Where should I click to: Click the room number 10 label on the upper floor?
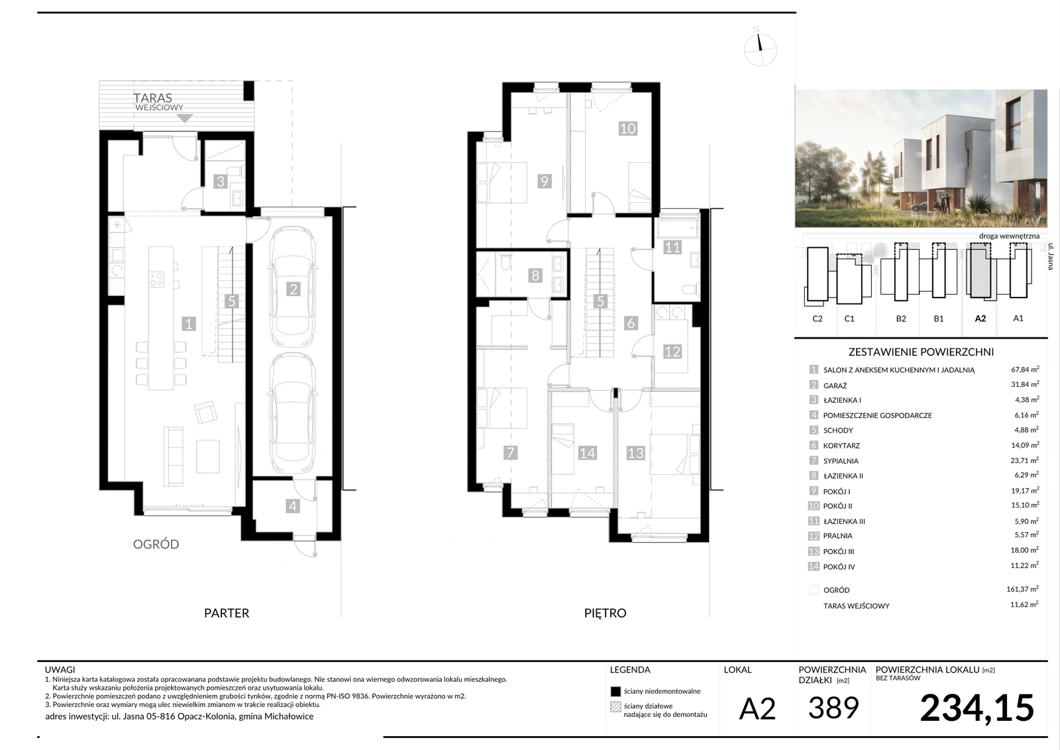627,129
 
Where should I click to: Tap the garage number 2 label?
293,289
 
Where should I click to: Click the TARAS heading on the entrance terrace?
152,98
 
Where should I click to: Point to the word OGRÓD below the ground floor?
156,544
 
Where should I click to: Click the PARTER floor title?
226,613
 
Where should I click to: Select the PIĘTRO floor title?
605,613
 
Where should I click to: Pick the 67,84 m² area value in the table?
1025,369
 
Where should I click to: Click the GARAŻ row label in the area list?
835,386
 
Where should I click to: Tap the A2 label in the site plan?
980,319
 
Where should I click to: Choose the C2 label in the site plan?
818,319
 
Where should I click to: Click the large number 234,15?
977,708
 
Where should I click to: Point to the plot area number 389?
833,708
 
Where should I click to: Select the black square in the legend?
615,691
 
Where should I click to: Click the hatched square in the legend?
615,707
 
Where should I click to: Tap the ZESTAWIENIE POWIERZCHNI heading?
921,352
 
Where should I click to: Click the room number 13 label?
635,453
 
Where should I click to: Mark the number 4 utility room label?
292,506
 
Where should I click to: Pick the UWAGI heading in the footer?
60,670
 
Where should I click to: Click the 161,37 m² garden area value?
1022,589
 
